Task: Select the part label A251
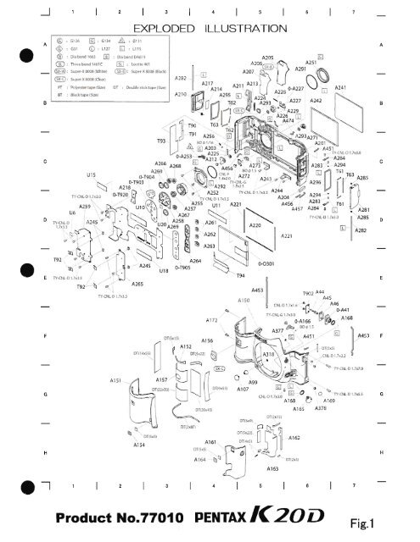coord(311,62)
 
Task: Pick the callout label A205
coord(268,58)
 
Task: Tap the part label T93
coord(160,140)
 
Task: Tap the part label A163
coord(273,467)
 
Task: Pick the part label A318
coord(267,354)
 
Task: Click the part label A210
coord(181,95)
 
